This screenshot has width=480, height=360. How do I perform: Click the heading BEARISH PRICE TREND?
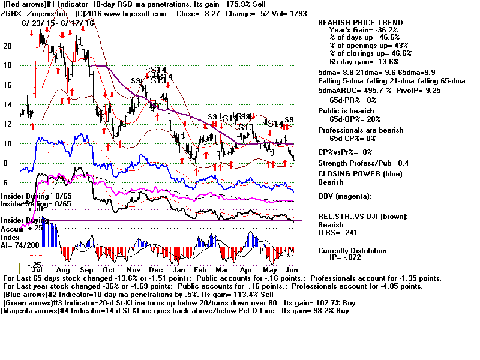tap(361, 23)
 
